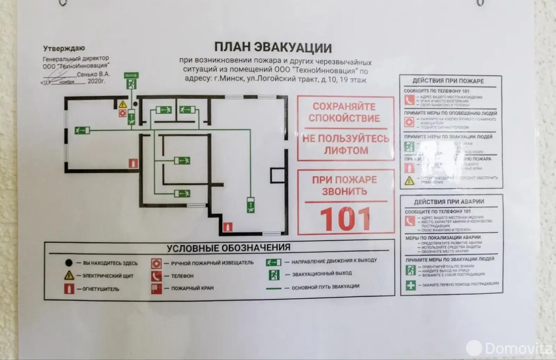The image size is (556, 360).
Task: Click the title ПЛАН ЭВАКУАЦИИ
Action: pos(273,47)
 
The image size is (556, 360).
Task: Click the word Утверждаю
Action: pos(64,48)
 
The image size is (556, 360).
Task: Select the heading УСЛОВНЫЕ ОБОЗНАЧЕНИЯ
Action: pos(228,248)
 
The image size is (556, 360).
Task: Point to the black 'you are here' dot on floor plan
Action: pos(136,104)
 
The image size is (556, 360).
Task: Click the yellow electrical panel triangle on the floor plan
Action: pos(122,104)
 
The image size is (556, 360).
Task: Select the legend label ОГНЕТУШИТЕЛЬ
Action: pos(100,289)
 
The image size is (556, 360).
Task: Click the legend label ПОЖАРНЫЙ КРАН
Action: pos(192,288)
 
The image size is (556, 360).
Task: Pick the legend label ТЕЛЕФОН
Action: pos(182,276)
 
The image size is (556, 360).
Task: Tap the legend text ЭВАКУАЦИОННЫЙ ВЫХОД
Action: pos(321,274)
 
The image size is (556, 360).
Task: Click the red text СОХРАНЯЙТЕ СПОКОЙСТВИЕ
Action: pos(344,112)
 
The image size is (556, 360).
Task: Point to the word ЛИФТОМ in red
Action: pos(346,150)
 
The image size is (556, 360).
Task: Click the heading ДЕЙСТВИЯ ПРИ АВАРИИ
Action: pos(449,202)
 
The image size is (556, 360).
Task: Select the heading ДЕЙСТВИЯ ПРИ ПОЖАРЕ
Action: pos(448,81)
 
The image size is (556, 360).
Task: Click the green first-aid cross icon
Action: pos(411,285)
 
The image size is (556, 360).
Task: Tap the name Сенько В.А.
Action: pos(93,74)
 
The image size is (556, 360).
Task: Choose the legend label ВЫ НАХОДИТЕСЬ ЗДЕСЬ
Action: pos(110,263)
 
